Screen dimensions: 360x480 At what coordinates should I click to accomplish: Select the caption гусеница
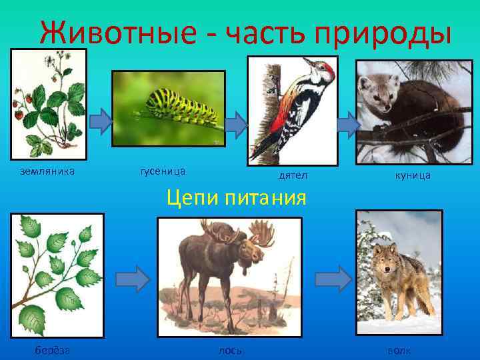pos(163,171)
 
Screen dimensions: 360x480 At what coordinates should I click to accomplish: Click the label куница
pos(413,175)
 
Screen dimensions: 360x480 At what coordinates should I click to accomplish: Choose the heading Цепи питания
pos(237,198)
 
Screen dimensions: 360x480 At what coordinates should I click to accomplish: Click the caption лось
pos(230,351)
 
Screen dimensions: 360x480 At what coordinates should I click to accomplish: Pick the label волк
pos(399,351)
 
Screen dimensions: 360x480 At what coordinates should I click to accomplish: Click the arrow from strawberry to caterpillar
pos(101,120)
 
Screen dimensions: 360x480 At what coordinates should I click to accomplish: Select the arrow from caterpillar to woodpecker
pos(235,121)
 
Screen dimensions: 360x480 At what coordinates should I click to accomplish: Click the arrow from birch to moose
pos(137,279)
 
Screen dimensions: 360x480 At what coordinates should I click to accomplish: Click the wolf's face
pos(385,257)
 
